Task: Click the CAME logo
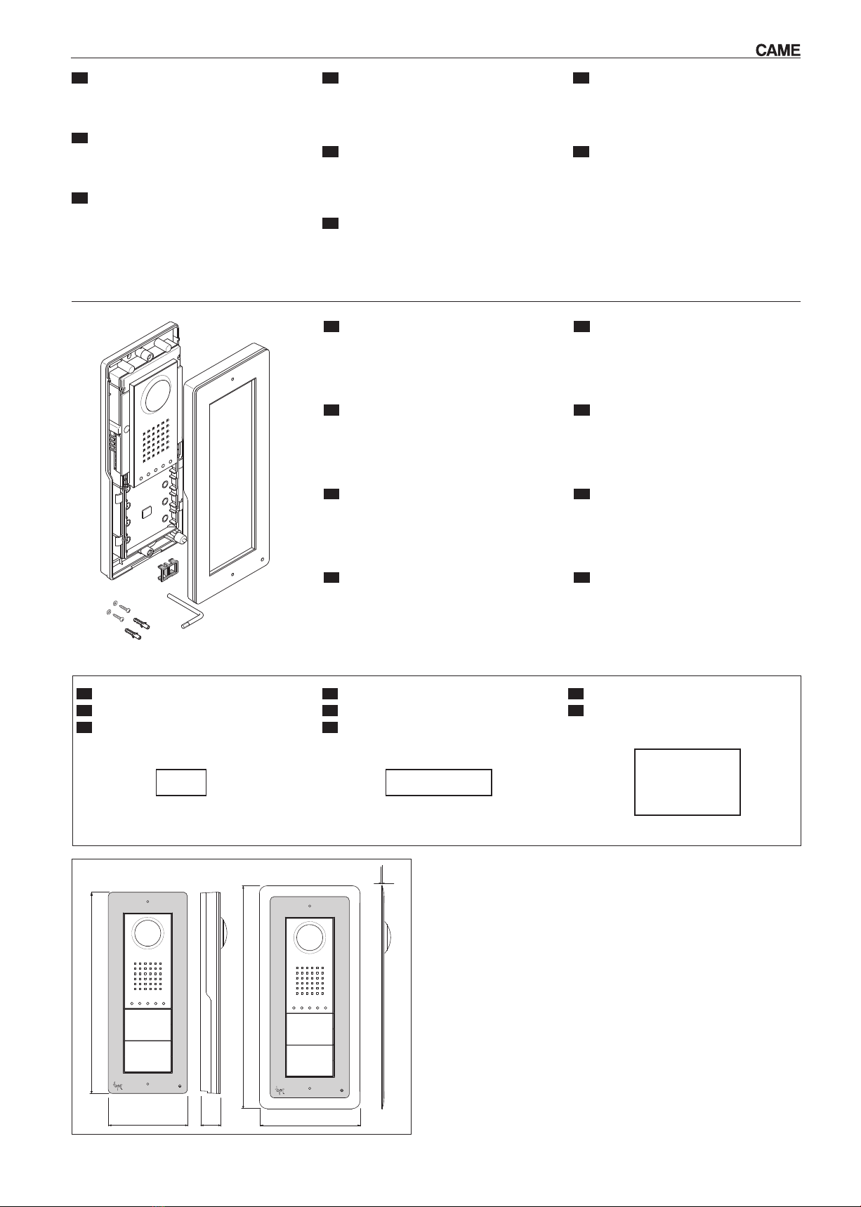click(x=777, y=51)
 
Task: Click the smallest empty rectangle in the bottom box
click(x=181, y=782)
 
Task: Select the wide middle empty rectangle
click(x=438, y=782)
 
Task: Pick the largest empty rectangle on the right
click(x=687, y=781)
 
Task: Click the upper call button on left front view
click(x=147, y=1025)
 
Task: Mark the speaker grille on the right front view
click(x=310, y=980)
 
